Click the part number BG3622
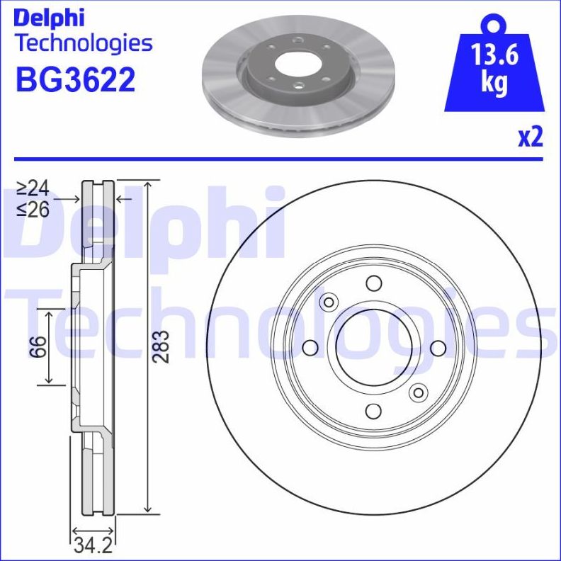pos(75,80)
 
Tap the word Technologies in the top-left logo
pos(83,44)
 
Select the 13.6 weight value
pos(494,55)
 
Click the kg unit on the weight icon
pos(494,83)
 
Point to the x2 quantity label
pos(529,137)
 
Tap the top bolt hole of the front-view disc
pos(373,284)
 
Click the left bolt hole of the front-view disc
pos(310,348)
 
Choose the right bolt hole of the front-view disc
pos(437,348)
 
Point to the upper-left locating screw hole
pos(328,303)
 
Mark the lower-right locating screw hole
pos(419,392)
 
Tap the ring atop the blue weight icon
pos(494,24)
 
